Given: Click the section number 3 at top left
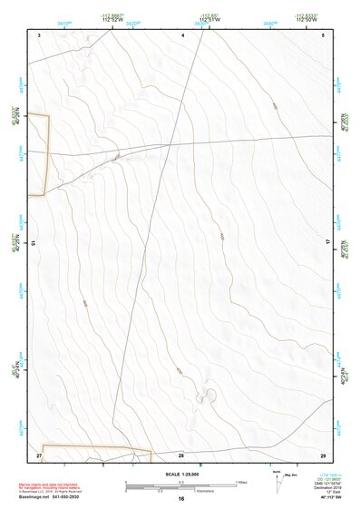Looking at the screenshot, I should click(41, 34).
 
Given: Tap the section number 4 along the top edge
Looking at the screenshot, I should click(182, 34).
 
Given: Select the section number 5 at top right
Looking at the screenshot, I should click(323, 34).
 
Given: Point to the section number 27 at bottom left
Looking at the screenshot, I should click(39, 454).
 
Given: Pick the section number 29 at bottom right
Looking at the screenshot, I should click(322, 454).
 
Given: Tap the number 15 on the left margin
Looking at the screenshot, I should click(33, 243).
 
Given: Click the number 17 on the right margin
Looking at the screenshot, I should click(328, 243).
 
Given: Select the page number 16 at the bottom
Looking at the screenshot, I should click(181, 499).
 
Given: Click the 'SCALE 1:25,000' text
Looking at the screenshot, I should click(181, 473).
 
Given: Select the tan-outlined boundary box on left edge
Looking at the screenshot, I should click(36, 154).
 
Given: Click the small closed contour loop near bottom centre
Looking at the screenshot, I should click(209, 394).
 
